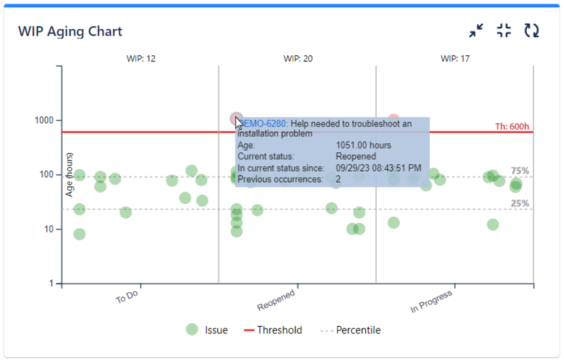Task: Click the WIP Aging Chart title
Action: click(x=70, y=31)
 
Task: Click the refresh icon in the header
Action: click(x=531, y=30)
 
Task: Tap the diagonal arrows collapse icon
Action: click(x=476, y=30)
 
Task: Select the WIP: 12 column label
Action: click(x=141, y=58)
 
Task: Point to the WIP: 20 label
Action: click(x=298, y=58)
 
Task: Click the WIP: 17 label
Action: click(x=455, y=58)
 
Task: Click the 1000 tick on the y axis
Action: click(x=44, y=121)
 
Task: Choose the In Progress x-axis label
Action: click(x=431, y=302)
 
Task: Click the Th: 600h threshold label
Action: click(x=512, y=126)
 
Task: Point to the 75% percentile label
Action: click(x=520, y=171)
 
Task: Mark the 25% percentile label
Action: click(x=520, y=204)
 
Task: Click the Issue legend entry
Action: click(x=207, y=330)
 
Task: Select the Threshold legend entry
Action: click(x=273, y=330)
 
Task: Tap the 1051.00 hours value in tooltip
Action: click(x=363, y=146)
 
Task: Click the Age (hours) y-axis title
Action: click(x=70, y=175)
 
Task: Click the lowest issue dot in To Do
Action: click(x=80, y=234)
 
